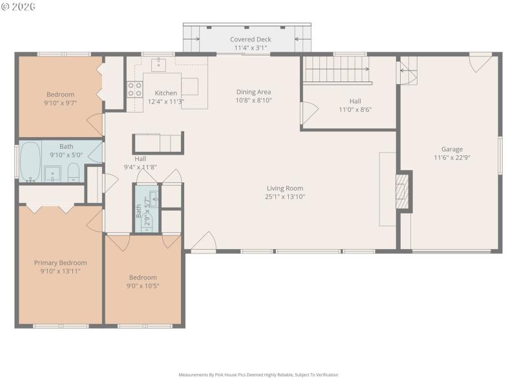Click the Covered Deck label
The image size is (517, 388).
tap(251, 39)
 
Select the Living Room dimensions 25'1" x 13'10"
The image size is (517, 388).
tap(285, 197)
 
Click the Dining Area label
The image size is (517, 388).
tap(253, 92)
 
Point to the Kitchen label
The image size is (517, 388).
tap(165, 93)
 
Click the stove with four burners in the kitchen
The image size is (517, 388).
tap(134, 89)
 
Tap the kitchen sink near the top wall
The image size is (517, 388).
tap(159, 64)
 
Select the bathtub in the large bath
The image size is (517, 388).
tap(30, 162)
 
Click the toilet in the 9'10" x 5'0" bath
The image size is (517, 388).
tap(74, 172)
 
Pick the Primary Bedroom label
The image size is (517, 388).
tap(60, 263)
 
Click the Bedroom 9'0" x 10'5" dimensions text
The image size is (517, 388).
tap(142, 285)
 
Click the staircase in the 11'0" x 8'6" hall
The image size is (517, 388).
tap(337, 69)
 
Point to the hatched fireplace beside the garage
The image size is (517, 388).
tap(403, 191)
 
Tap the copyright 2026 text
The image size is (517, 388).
tap(19, 6)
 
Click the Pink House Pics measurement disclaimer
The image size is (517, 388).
tap(258, 374)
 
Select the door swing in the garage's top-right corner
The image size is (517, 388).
tap(480, 63)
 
